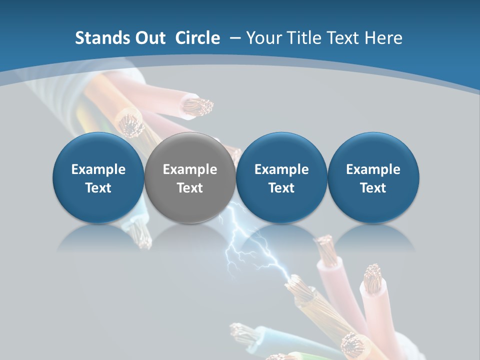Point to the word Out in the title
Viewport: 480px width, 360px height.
[x=151, y=38]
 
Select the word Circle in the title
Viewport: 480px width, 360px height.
[x=197, y=38]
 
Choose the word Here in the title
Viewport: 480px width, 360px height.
[x=383, y=38]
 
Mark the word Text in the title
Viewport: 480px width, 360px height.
[x=344, y=38]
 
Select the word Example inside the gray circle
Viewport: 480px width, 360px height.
[x=190, y=169]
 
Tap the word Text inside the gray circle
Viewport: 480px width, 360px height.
[x=190, y=188]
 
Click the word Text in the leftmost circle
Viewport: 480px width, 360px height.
[x=98, y=188]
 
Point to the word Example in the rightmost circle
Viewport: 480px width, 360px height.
[x=373, y=169]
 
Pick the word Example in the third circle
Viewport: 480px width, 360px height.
[x=281, y=169]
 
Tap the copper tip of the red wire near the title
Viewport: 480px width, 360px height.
[x=198, y=105]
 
